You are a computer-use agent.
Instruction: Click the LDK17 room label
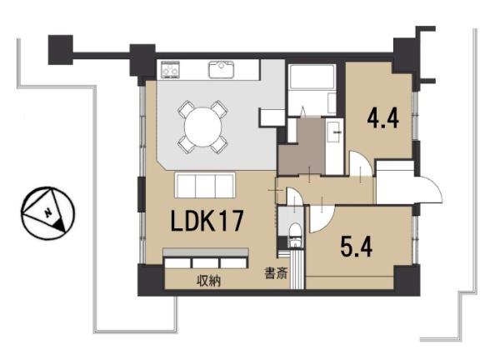pos(207,221)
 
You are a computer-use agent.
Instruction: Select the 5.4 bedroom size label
pos(356,247)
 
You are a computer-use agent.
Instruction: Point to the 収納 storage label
pos(209,281)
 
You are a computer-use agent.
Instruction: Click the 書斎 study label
pos(276,273)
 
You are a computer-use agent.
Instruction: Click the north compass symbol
pos(47,213)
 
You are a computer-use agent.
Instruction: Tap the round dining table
pos(203,127)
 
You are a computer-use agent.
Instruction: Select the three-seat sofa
pos(205,185)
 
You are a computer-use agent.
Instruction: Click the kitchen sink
pos(222,70)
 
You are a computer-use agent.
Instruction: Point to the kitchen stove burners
pos(170,69)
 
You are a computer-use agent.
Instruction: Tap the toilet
pos(295,235)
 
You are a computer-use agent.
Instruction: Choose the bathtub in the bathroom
pos(312,77)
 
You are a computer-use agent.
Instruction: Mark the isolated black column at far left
pos(61,50)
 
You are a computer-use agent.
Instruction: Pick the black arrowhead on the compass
pos(59,225)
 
